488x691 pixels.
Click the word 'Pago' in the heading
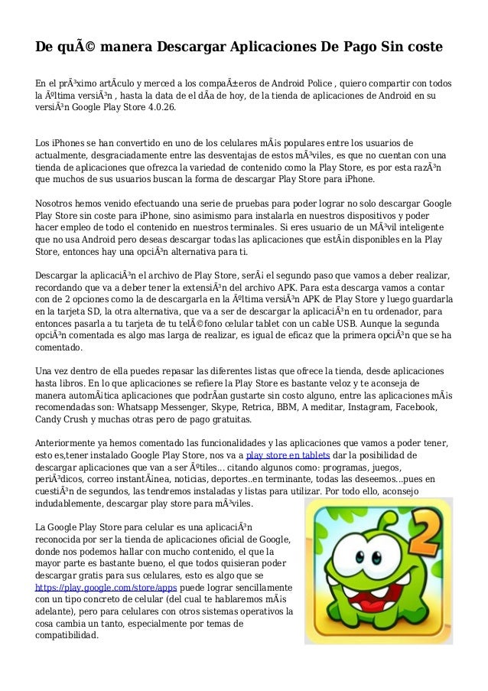tap(359, 47)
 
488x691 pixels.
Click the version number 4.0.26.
tap(159, 108)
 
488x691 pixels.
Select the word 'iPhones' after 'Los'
tap(73, 143)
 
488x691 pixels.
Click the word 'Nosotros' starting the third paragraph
tap(59, 204)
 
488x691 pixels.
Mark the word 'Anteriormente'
tap(73, 443)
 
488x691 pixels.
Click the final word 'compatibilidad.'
tap(67, 637)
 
